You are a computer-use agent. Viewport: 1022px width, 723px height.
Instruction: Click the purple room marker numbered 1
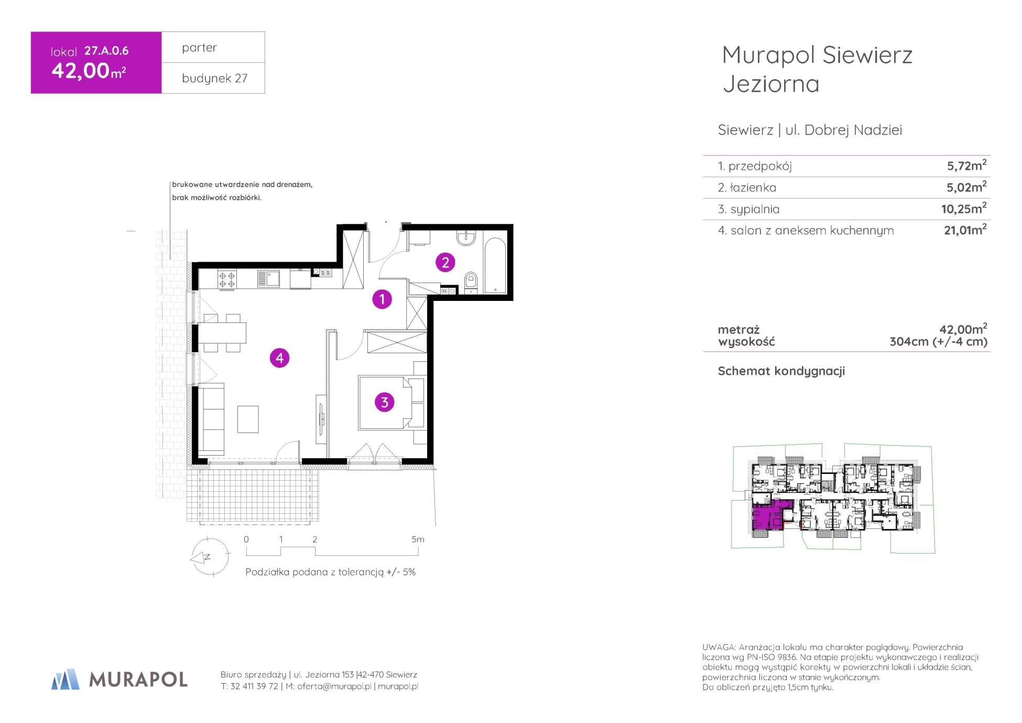[382, 299]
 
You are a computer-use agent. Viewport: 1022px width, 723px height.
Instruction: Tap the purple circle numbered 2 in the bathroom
[445, 262]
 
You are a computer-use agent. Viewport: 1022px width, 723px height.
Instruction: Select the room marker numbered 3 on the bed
[385, 402]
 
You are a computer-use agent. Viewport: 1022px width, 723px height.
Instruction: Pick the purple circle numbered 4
[279, 358]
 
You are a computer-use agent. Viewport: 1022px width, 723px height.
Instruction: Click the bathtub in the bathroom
[495, 266]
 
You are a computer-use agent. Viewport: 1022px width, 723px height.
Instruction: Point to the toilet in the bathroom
[471, 282]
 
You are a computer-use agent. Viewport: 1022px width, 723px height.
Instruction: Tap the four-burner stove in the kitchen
[227, 278]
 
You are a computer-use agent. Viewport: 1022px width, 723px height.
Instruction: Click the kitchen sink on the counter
[269, 278]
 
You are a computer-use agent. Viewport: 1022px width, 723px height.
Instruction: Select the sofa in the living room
[212, 419]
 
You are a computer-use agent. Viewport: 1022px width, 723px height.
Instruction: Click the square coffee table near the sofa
[248, 419]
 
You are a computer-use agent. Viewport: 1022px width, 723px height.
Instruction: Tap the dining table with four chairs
[222, 333]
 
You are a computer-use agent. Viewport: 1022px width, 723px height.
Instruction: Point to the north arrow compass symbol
[209, 557]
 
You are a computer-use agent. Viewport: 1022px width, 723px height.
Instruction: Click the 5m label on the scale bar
[418, 539]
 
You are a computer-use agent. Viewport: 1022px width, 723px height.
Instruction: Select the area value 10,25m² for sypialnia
[964, 208]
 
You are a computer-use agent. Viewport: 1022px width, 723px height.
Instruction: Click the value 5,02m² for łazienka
[967, 187]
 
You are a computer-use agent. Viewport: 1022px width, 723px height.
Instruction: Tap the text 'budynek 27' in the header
[215, 79]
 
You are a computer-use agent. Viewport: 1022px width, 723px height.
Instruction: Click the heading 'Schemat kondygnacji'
[781, 371]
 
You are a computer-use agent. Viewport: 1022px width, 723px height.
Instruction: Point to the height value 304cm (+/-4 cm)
[938, 342]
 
